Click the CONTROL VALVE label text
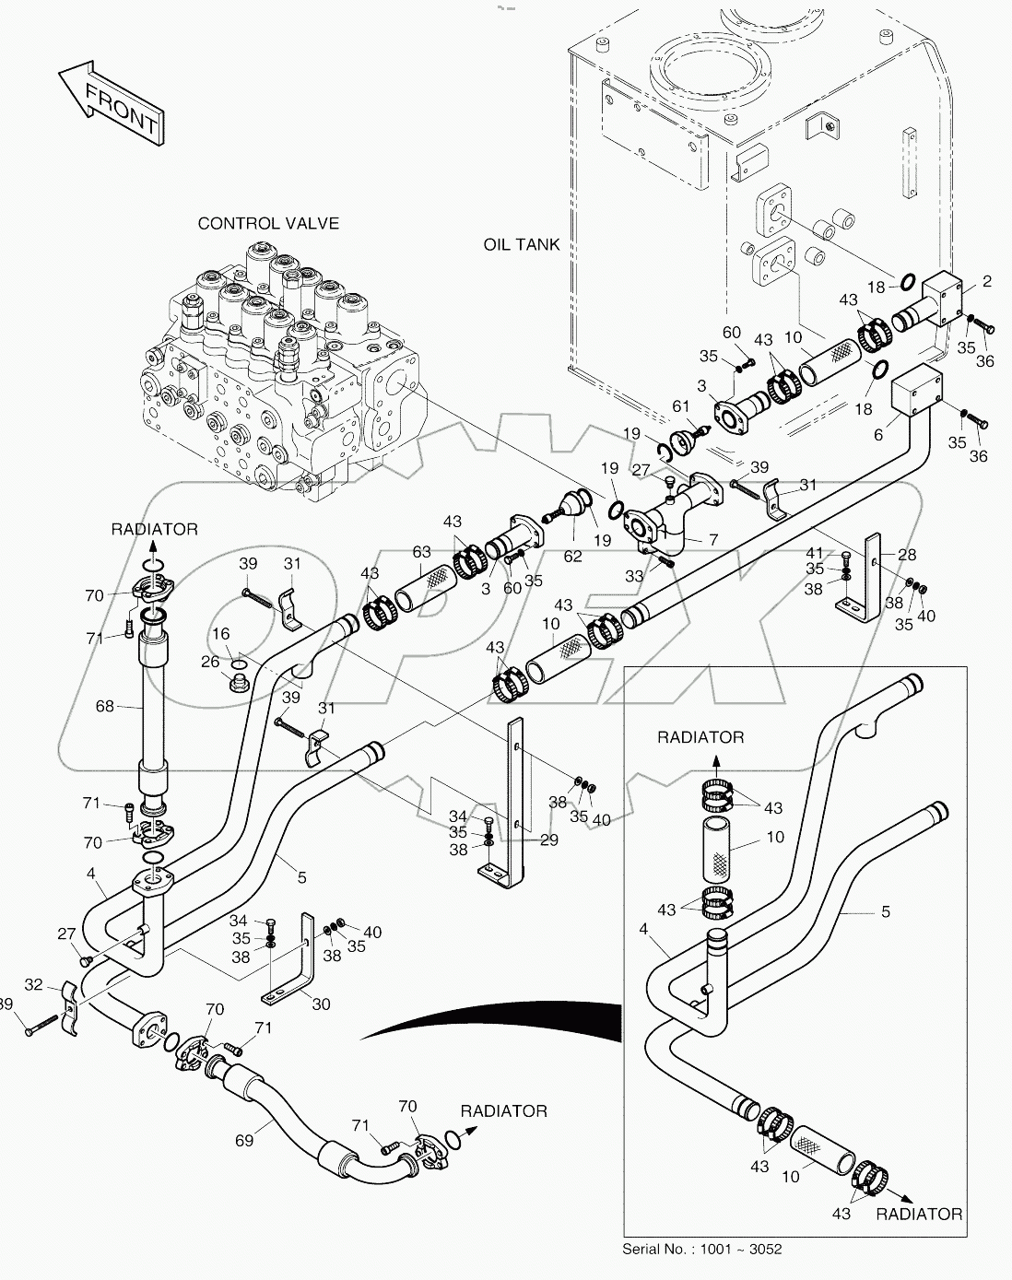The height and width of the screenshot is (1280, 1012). (268, 223)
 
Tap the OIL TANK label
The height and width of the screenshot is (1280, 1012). (522, 244)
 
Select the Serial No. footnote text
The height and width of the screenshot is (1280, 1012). (702, 1249)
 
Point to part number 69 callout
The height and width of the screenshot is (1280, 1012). (243, 1141)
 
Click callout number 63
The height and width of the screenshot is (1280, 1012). (421, 552)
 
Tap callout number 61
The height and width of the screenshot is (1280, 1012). (680, 406)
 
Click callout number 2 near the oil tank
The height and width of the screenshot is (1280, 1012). (986, 281)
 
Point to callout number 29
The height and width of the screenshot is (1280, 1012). (549, 840)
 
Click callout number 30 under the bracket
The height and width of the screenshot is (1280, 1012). (320, 1004)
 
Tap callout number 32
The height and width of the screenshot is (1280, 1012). (34, 984)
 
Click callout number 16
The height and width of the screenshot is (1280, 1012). (221, 634)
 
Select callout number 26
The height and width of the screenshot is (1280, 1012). (210, 662)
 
